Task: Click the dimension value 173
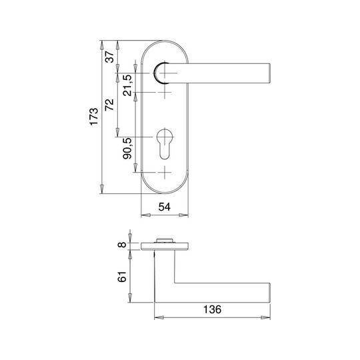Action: coord(94,117)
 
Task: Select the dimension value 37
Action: coord(109,57)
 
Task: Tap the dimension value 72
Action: coord(109,105)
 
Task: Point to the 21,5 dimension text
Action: coord(127,85)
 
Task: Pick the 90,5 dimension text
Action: coord(127,149)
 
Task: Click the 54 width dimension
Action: coord(165,207)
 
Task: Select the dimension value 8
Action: coord(122,245)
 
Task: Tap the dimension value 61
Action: coord(122,277)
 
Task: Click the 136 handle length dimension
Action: coord(213,309)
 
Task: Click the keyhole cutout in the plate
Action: coord(165,144)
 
